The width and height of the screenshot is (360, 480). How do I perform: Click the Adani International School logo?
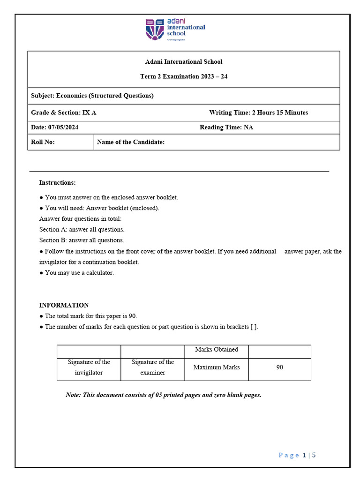tap(175, 30)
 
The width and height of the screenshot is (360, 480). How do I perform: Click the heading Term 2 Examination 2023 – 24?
tap(184, 76)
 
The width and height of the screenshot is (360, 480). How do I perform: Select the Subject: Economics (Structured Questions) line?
tap(92, 96)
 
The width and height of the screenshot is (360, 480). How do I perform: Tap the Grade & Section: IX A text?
tap(64, 112)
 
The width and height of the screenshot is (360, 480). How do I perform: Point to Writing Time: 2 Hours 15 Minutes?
tap(258, 112)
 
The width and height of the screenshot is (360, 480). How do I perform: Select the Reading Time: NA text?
tap(226, 127)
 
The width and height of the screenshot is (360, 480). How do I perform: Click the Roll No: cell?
tap(43, 142)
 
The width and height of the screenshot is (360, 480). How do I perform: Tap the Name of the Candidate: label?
tap(130, 142)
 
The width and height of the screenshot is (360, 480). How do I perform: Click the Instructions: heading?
tap(57, 182)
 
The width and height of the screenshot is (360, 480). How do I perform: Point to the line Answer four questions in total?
tap(80, 219)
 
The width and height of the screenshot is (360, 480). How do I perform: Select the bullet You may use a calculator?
tap(77, 273)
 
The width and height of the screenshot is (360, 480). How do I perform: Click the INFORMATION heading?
tap(64, 305)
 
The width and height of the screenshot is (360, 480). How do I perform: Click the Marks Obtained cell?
tap(216, 350)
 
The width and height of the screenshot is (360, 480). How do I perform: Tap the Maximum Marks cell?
tap(216, 367)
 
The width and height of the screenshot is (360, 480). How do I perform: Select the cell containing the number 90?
tap(279, 367)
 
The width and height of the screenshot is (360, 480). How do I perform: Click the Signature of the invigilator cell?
tap(89, 367)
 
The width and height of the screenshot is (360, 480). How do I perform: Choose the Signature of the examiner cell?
tap(152, 367)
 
